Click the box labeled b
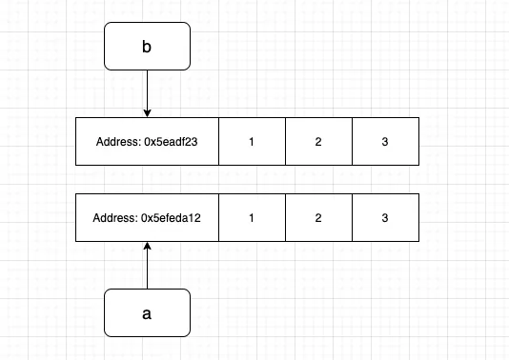pyautogui.click(x=147, y=47)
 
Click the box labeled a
pyautogui.click(x=147, y=312)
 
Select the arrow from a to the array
pyautogui.click(x=147, y=267)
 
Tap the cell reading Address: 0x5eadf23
pyautogui.click(x=147, y=142)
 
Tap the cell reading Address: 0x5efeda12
pyautogui.click(x=147, y=218)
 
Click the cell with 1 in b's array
pyautogui.click(x=252, y=142)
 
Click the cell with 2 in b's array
pyautogui.click(x=318, y=142)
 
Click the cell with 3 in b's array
pyautogui.click(x=385, y=142)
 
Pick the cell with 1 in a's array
pyautogui.click(x=252, y=218)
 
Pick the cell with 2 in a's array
pyautogui.click(x=318, y=218)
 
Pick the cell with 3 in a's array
pyautogui.click(x=385, y=218)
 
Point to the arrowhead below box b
pyautogui.click(x=147, y=112)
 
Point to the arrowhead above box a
pyautogui.click(x=147, y=248)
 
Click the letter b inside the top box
pyautogui.click(x=147, y=47)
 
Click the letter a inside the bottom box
pyautogui.click(x=147, y=312)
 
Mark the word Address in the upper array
pyautogui.click(x=117, y=142)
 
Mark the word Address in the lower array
pyautogui.click(x=114, y=218)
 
